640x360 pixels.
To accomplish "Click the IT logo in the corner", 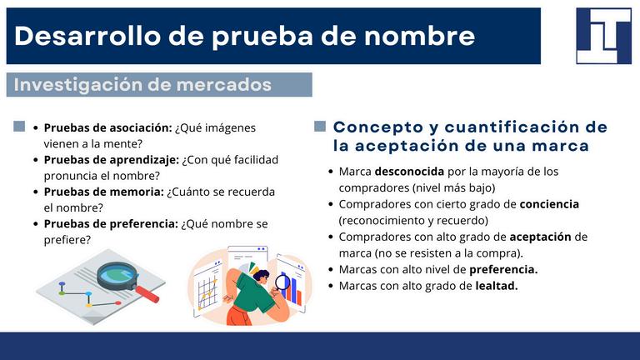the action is coord(603,36).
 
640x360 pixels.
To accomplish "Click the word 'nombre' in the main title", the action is coord(419,36).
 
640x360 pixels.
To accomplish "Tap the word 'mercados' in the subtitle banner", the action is coord(223,84).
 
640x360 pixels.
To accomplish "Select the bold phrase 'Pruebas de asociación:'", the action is coord(108,127).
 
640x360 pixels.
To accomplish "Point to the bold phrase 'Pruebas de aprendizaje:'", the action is coord(112,160).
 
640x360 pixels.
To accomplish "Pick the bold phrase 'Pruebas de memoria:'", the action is coord(104,192).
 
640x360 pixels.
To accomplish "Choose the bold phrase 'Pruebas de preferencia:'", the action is coord(111,224).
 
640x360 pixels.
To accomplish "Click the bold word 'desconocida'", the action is coord(409,172).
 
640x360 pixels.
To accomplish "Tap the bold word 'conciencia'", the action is coord(549,204).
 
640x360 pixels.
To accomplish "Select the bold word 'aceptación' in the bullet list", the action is coord(540,237).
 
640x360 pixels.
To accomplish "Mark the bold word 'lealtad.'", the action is coord(497,286).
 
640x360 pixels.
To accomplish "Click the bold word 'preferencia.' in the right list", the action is coord(503,270).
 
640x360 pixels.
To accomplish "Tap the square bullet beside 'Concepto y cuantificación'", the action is coord(320,126).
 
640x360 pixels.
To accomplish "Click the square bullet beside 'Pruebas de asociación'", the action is coord(19,126).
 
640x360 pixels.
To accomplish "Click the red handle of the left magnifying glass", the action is coord(147,294).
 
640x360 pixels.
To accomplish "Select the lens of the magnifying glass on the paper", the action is coord(117,274).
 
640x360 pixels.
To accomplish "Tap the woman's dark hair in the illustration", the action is coord(261,275).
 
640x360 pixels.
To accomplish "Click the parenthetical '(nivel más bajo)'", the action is coord(453,187).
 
